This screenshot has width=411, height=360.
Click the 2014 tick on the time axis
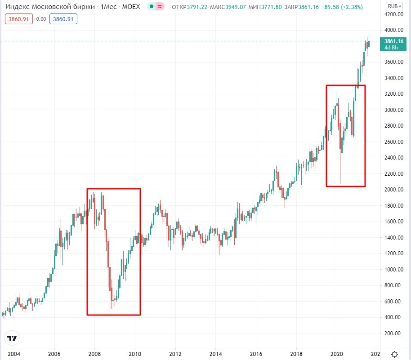coord(216,354)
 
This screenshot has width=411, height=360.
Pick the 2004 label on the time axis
coord(14,354)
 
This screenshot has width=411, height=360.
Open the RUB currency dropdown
coord(394,6)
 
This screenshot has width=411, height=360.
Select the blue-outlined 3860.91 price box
coord(64,19)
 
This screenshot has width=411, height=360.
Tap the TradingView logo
coord(13,338)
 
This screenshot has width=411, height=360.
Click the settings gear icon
coord(394,354)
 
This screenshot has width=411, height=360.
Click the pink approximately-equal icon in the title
coord(159,7)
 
